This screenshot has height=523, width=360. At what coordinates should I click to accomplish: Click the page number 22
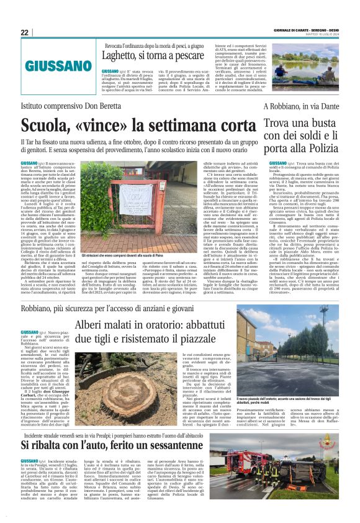coord(25,32)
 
